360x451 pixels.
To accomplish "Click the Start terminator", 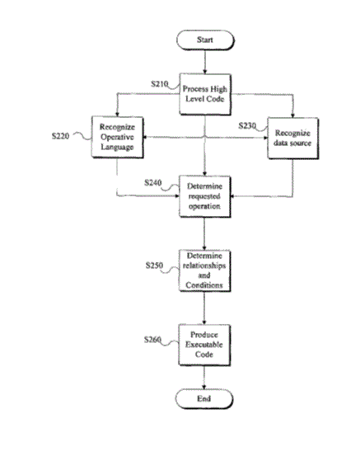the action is coord(205,40).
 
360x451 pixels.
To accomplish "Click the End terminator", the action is coord(204,399).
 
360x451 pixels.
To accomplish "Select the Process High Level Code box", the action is coord(205,94).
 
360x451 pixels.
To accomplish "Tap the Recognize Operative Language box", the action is coord(117,137).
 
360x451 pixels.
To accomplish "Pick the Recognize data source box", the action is coord(292,138).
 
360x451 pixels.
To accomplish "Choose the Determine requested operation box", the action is coord(204,196).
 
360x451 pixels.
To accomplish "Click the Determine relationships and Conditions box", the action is coord(204,270).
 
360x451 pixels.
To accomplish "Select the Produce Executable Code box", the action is coord(204,345).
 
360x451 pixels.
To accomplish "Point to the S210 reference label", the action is coord(160,84).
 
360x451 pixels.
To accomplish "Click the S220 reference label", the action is coord(61,136).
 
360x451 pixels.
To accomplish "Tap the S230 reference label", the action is coord(247,125).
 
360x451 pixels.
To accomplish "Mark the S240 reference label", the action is coord(153,183).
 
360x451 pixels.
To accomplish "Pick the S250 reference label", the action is coord(154,265).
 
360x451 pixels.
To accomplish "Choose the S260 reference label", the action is coord(152,340).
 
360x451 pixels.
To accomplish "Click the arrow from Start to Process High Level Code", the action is coord(205,62).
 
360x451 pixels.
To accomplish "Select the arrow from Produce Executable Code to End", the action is coord(204,378).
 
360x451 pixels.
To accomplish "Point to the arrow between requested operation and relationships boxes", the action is coord(204,233).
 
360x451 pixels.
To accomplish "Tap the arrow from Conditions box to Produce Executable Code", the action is coord(204,308).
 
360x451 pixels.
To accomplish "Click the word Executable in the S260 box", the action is coord(204,345).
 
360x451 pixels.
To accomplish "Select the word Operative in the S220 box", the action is coord(117,137).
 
